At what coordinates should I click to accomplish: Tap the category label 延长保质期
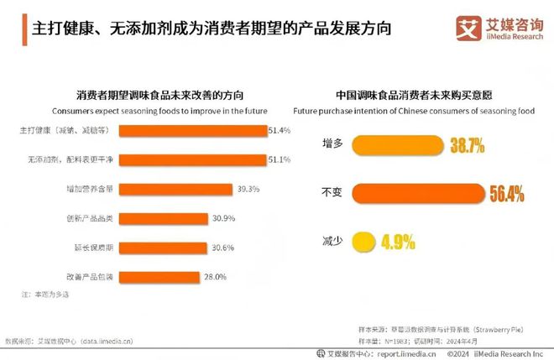93,248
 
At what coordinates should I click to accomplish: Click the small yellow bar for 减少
363,243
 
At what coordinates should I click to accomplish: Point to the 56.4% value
506,195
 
